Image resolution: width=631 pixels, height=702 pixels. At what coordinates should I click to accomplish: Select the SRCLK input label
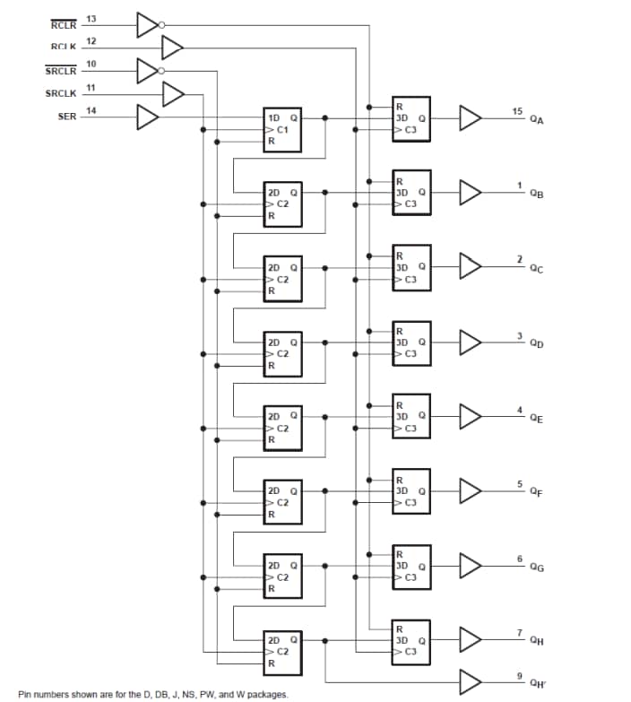pyautogui.click(x=62, y=93)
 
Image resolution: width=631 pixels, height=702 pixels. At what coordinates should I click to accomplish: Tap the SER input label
pyautogui.click(x=67, y=117)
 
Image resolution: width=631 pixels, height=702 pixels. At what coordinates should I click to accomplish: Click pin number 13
pyautogui.click(x=91, y=18)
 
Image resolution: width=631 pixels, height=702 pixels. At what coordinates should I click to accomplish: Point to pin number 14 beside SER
pyautogui.click(x=91, y=110)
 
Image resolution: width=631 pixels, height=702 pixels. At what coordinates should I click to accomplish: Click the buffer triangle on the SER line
pyautogui.click(x=146, y=117)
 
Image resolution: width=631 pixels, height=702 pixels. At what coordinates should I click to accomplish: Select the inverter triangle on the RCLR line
pyautogui.click(x=146, y=24)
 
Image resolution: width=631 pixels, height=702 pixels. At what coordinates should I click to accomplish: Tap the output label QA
pyautogui.click(x=536, y=119)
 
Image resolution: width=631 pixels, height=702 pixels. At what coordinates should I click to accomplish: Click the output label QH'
pyautogui.click(x=537, y=683)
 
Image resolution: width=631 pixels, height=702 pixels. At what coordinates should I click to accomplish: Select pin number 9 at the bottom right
pyautogui.click(x=519, y=674)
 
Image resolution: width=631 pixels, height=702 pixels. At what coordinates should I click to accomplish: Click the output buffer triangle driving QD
pyautogui.click(x=471, y=342)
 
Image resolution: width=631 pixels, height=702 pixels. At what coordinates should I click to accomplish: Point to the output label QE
pyautogui.click(x=536, y=418)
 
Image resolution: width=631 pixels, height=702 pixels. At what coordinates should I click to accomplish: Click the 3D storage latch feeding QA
pyautogui.click(x=411, y=118)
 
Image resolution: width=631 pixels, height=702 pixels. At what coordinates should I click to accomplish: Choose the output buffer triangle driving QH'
pyautogui.click(x=471, y=681)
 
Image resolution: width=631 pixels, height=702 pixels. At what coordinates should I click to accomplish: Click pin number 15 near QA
pyautogui.click(x=517, y=110)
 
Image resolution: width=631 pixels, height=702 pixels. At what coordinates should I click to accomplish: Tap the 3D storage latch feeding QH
pyautogui.click(x=411, y=640)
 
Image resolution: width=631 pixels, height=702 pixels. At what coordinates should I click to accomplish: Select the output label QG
pyautogui.click(x=536, y=568)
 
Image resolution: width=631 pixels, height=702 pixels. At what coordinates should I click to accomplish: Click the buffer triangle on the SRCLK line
pyautogui.click(x=173, y=93)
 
